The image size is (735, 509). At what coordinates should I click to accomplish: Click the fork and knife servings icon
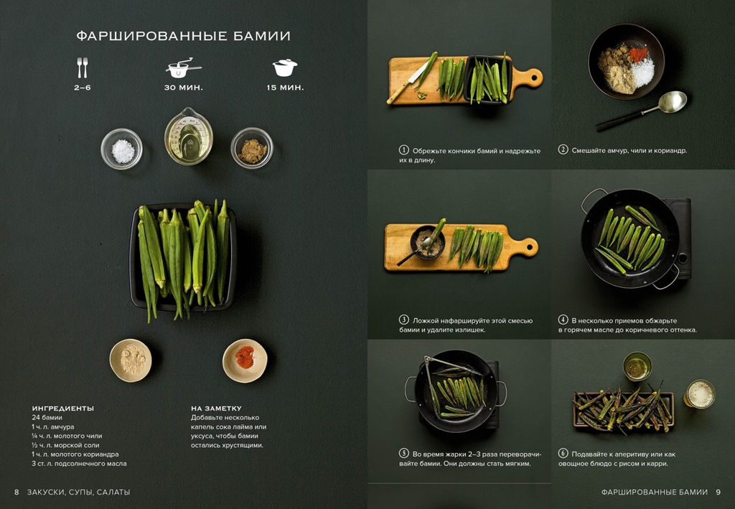(83, 67)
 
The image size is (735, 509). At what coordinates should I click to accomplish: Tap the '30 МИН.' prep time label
(183, 88)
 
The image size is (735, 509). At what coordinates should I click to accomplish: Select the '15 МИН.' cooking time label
(285, 88)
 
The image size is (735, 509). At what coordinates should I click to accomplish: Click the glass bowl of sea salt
(121, 149)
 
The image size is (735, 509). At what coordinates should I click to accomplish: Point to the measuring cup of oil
(189, 136)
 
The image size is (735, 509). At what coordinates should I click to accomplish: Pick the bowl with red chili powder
(245, 360)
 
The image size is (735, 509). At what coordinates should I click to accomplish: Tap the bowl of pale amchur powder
(131, 360)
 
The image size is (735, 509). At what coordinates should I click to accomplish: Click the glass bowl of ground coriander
(252, 148)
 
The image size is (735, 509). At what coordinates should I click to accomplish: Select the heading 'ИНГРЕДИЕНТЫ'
(63, 408)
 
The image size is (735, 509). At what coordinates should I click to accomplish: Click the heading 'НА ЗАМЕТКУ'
(216, 408)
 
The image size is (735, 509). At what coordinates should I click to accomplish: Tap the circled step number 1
(403, 150)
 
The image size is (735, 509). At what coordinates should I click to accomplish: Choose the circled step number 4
(563, 319)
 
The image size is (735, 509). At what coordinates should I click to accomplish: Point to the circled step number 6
(563, 453)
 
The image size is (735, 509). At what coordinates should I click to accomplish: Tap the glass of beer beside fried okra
(699, 394)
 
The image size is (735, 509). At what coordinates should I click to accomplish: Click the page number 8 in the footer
(17, 492)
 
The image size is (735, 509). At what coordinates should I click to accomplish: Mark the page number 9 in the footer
(718, 492)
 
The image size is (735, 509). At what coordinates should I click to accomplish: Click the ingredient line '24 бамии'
(47, 418)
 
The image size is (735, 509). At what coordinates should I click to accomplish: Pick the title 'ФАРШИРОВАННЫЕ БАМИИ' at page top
(183, 36)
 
